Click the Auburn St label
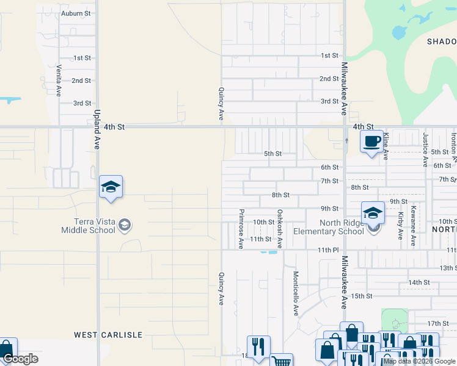(76, 13)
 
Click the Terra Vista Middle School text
(88, 226)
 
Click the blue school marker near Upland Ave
(111, 187)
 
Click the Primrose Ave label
(241, 229)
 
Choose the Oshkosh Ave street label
(280, 229)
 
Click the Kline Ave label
(386, 148)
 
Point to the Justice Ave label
(425, 149)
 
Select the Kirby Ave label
(400, 226)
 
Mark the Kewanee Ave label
(414, 226)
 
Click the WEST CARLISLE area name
(108, 335)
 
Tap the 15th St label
(361, 296)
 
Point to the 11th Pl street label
(327, 250)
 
